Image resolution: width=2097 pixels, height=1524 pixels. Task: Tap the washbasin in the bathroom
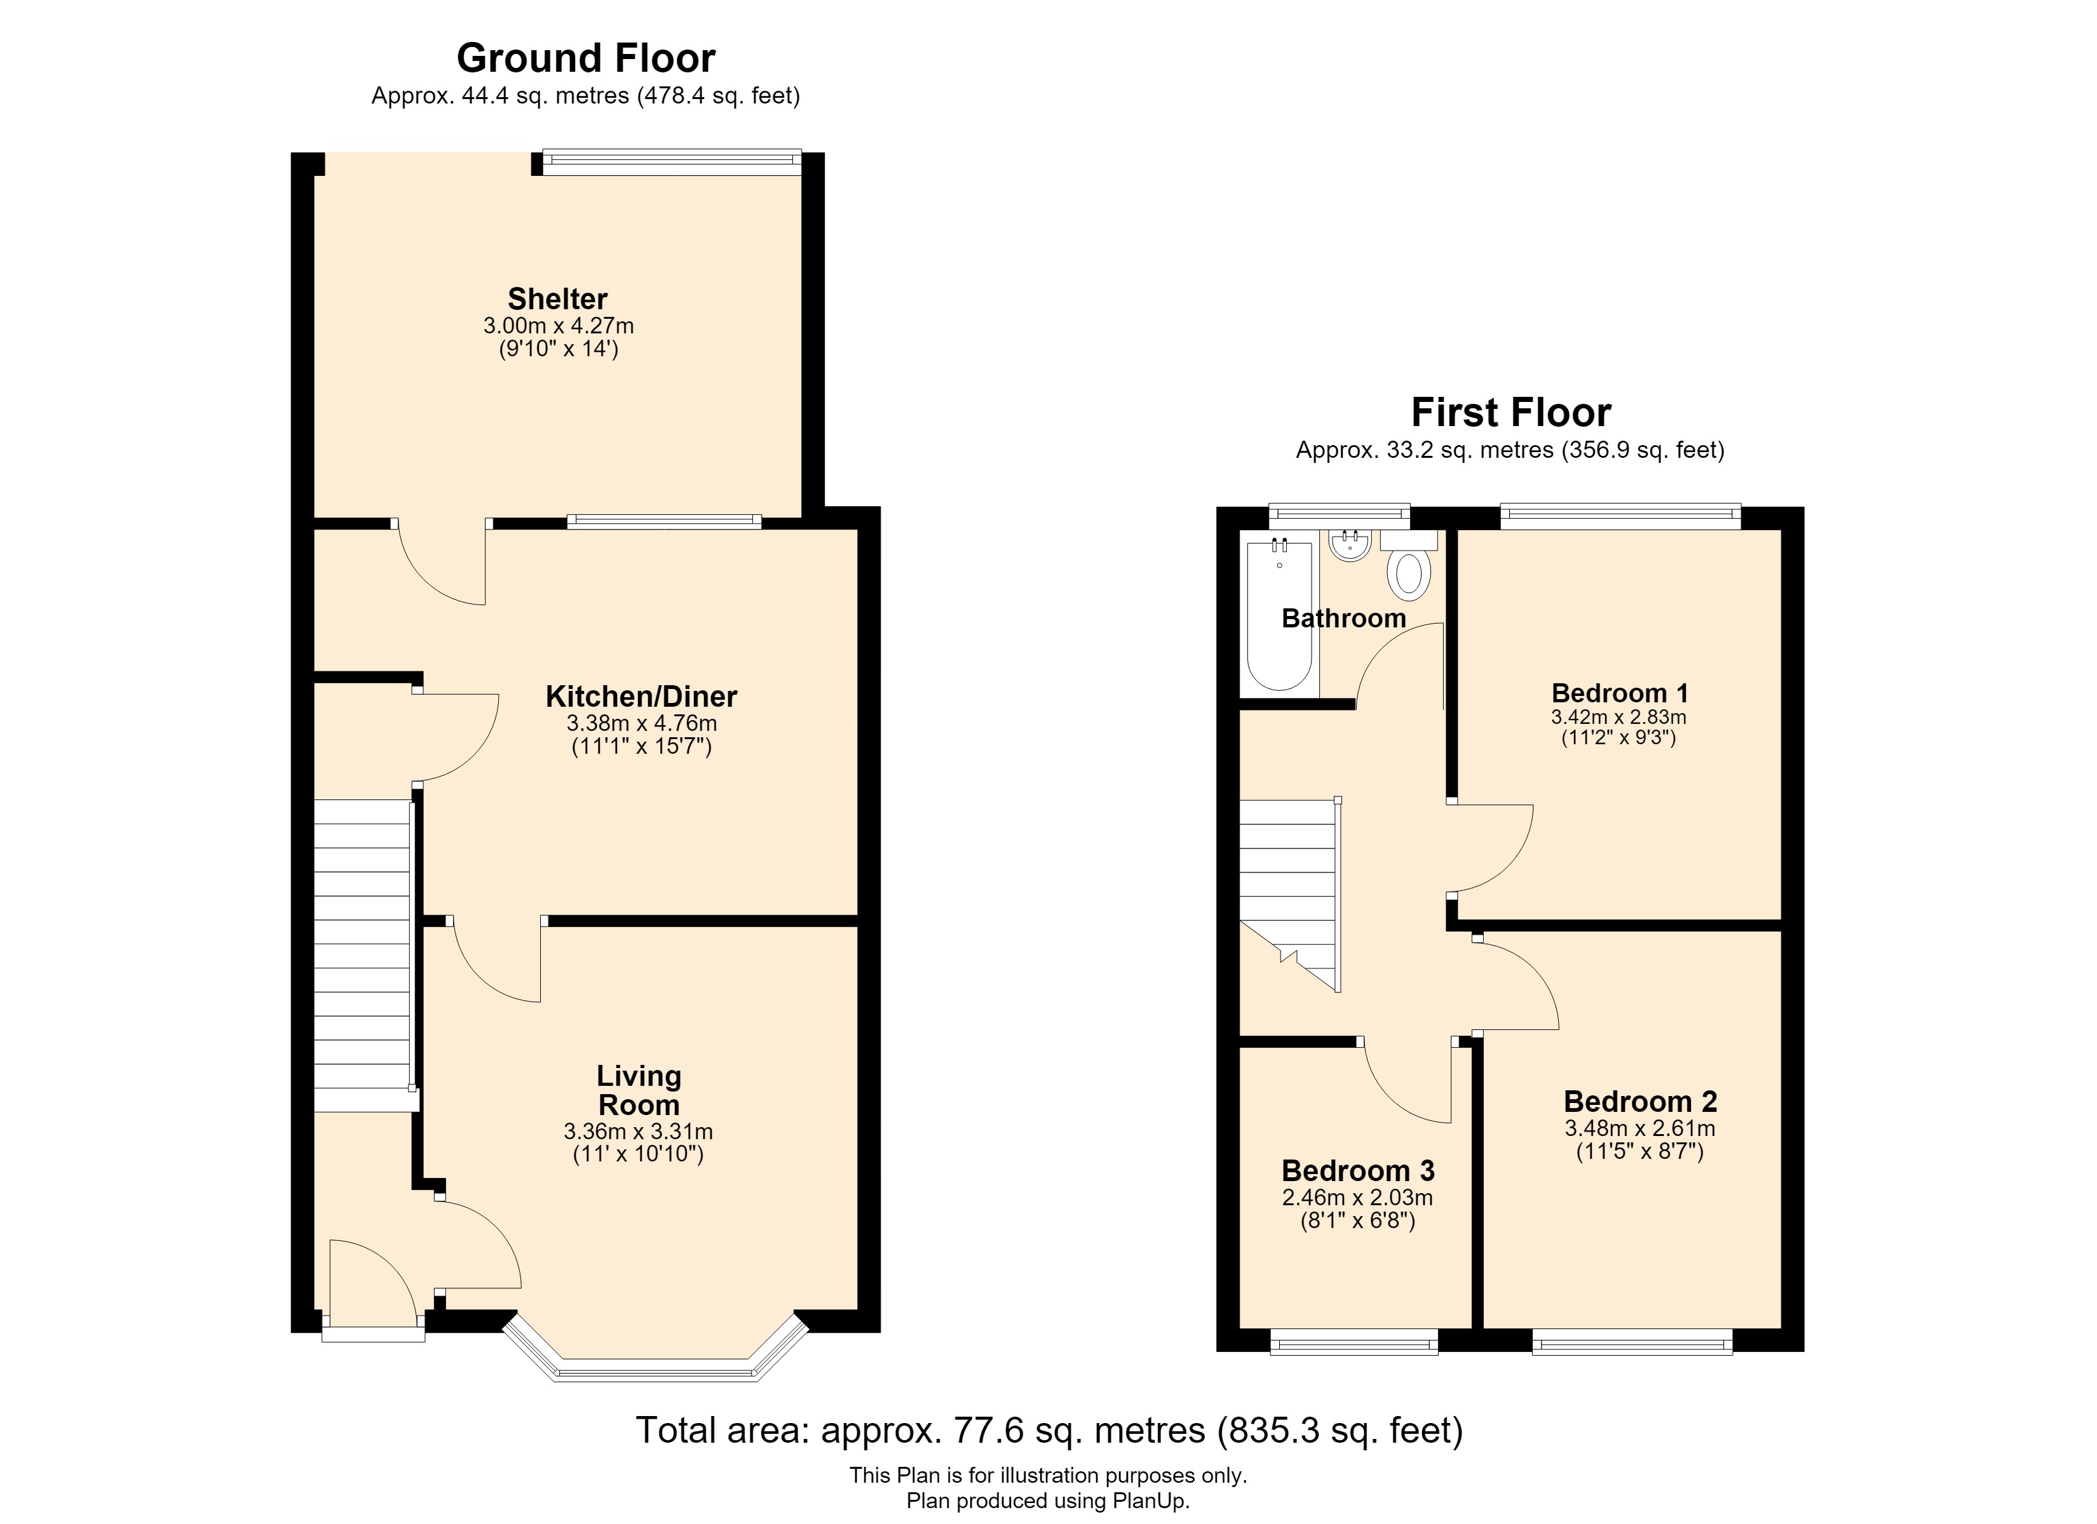1351,545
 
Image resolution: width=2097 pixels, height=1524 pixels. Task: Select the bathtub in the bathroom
1280,615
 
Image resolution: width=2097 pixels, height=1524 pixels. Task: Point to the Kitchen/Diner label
642,696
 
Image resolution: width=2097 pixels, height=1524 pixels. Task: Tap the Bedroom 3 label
1358,1171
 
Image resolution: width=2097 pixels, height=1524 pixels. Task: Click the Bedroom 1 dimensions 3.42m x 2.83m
1619,717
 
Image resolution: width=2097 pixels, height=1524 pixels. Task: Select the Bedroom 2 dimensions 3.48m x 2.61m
1640,1128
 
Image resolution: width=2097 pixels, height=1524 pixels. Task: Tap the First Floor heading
1511,412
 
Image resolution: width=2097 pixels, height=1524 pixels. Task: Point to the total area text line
1049,1430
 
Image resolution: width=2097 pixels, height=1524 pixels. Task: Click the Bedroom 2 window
1632,1341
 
